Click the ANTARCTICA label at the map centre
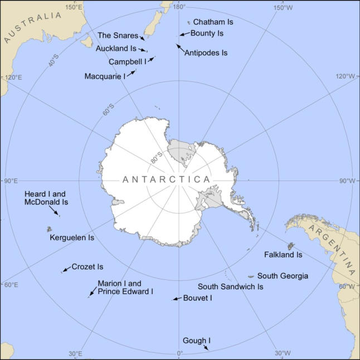tap(166, 179)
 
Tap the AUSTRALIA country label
tap(32, 27)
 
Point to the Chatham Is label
tap(213, 22)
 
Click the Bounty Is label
tap(207, 33)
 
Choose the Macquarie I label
tap(105, 76)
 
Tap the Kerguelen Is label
tap(72, 237)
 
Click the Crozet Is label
tap(87, 267)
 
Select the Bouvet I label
tap(198, 298)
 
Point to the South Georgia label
tap(283, 276)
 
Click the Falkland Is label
tap(283, 255)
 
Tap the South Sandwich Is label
tap(231, 286)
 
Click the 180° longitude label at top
tap(178, 6)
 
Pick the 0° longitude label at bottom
tap(179, 353)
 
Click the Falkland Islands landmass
tap(290, 246)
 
